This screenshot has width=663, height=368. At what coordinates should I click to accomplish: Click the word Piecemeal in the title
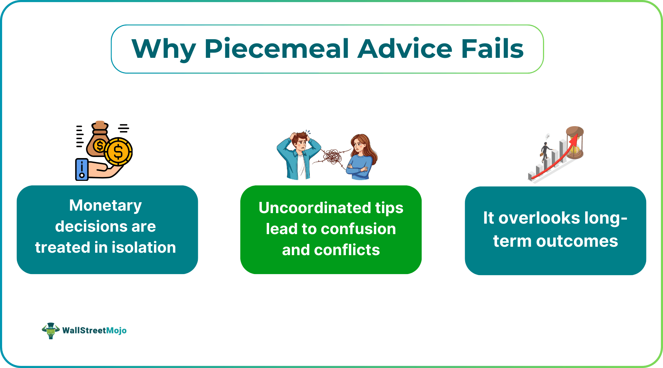[277, 49]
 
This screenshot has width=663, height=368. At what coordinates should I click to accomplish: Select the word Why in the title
[163, 49]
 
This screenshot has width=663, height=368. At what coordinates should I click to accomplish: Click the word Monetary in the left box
[106, 205]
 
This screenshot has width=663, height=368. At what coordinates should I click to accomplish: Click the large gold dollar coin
[119, 152]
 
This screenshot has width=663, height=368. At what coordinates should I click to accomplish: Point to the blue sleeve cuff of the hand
[82, 170]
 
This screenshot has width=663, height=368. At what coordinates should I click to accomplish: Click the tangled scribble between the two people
[333, 157]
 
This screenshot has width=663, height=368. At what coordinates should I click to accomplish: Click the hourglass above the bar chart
[575, 142]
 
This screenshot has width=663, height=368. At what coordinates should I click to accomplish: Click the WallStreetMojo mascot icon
[51, 330]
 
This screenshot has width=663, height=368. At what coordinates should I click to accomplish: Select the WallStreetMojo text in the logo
[94, 330]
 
